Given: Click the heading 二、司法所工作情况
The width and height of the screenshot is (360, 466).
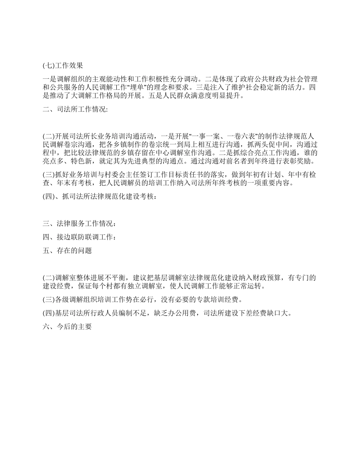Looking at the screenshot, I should pyautogui.click(x=75, y=110).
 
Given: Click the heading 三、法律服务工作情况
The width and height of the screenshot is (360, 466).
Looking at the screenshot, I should pyautogui.click(x=79, y=224).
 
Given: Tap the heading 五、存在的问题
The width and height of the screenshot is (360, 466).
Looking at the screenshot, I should pyautogui.click(x=67, y=250).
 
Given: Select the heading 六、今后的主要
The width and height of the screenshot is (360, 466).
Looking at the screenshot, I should pyautogui.click(x=67, y=327).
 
